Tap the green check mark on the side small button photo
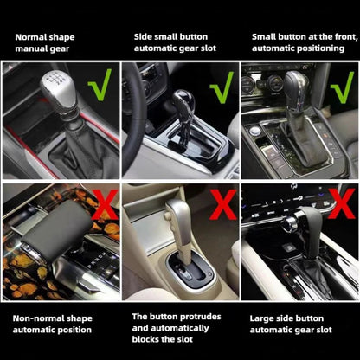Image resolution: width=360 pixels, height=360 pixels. coord(222,85)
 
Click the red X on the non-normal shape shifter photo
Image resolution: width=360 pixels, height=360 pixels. coord(100,204)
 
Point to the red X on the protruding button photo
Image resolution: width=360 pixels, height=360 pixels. coord(222,206)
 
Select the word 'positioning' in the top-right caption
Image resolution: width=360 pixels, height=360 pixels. coord(312,49)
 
